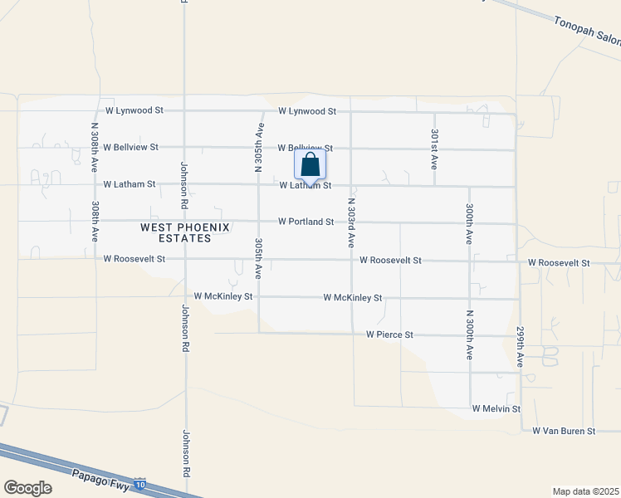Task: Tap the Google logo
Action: tap(27, 488)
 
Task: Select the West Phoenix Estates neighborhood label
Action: tap(175, 232)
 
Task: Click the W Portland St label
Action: tap(306, 222)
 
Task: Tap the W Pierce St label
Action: tap(389, 334)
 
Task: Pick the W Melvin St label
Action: tap(496, 408)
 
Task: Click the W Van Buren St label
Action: tap(564, 431)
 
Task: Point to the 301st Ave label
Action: tap(434, 149)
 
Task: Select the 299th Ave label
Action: tap(521, 346)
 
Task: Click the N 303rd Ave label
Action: tap(351, 222)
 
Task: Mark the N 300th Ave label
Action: tap(470, 334)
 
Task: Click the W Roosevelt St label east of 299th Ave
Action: tap(559, 262)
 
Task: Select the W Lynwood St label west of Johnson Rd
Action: tap(134, 110)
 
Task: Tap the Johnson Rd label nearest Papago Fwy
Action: tap(186, 453)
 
